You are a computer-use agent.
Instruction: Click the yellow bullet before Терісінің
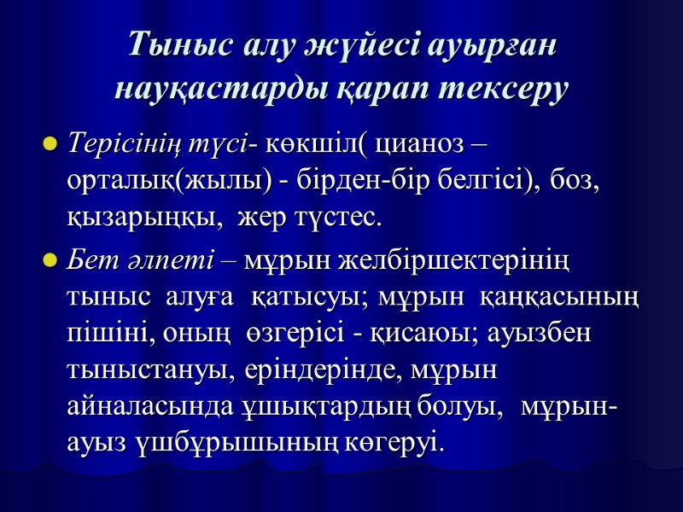(50, 143)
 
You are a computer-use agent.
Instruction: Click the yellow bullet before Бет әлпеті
(50, 259)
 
